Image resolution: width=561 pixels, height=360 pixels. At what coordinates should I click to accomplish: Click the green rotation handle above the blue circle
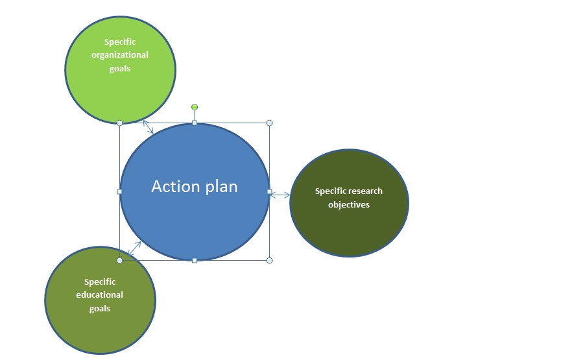[195, 107]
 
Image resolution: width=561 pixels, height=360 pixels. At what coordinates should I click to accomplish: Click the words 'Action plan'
[195, 186]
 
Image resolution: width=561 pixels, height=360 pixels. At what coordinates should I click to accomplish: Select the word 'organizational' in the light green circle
[120, 55]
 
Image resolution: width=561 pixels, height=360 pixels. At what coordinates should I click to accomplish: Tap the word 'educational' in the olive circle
[99, 295]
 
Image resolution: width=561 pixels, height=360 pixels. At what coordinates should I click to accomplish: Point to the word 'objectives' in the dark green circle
[349, 205]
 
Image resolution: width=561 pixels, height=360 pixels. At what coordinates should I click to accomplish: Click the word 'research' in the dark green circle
[365, 191]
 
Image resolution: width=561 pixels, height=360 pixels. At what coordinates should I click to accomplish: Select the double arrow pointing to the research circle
[280, 195]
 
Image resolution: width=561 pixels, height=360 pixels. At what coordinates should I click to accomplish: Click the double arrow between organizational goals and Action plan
[148, 127]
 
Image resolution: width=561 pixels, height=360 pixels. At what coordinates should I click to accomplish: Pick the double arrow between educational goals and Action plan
[134, 248]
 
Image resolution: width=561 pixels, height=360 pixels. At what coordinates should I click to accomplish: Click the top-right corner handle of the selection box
[270, 123]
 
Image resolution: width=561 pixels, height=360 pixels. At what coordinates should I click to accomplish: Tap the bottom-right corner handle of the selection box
[270, 261]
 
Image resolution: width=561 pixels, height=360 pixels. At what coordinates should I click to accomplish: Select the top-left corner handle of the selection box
[120, 123]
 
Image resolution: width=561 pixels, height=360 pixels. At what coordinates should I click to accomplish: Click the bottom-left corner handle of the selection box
[120, 261]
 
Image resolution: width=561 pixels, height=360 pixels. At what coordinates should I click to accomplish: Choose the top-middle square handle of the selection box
[195, 123]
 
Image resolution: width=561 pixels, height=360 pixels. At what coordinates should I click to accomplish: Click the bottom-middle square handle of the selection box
[195, 261]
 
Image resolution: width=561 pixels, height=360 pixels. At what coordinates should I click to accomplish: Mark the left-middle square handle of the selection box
[119, 192]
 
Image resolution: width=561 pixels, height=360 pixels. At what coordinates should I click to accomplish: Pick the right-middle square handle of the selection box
[270, 192]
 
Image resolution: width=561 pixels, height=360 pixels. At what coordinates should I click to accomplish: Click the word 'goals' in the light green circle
[120, 69]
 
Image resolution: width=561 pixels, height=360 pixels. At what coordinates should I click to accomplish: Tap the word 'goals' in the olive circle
[99, 309]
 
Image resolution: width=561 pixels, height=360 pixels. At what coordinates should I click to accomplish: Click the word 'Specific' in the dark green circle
[329, 191]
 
